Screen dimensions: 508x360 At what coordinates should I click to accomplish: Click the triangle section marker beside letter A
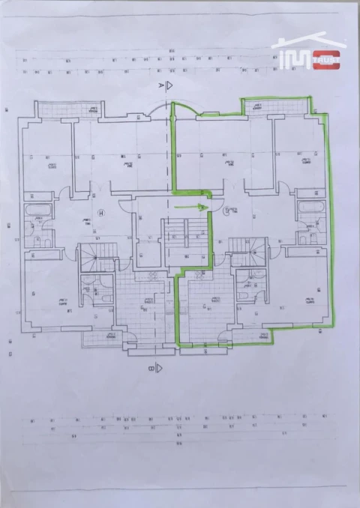pos(171,86)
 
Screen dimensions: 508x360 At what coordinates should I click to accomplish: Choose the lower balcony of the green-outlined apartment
pos(255,337)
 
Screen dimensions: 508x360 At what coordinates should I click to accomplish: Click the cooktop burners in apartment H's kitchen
pos(152,274)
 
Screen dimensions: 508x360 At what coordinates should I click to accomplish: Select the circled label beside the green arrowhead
pos(226,211)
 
